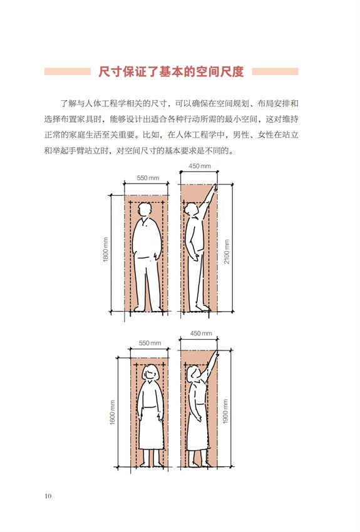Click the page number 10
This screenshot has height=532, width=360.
48,496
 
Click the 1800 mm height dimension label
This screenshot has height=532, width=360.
106,249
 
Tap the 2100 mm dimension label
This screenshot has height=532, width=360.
227,252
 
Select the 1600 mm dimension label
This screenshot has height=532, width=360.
113,412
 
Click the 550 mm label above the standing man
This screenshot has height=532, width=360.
148,178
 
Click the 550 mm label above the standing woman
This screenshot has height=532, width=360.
150,343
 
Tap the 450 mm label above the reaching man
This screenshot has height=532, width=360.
200,166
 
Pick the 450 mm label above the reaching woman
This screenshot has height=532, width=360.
201,334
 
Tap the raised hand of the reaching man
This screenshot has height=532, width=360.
214,188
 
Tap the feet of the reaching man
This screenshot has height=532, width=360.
199,308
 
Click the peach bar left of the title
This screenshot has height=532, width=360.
68,71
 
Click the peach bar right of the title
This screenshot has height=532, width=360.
275,71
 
